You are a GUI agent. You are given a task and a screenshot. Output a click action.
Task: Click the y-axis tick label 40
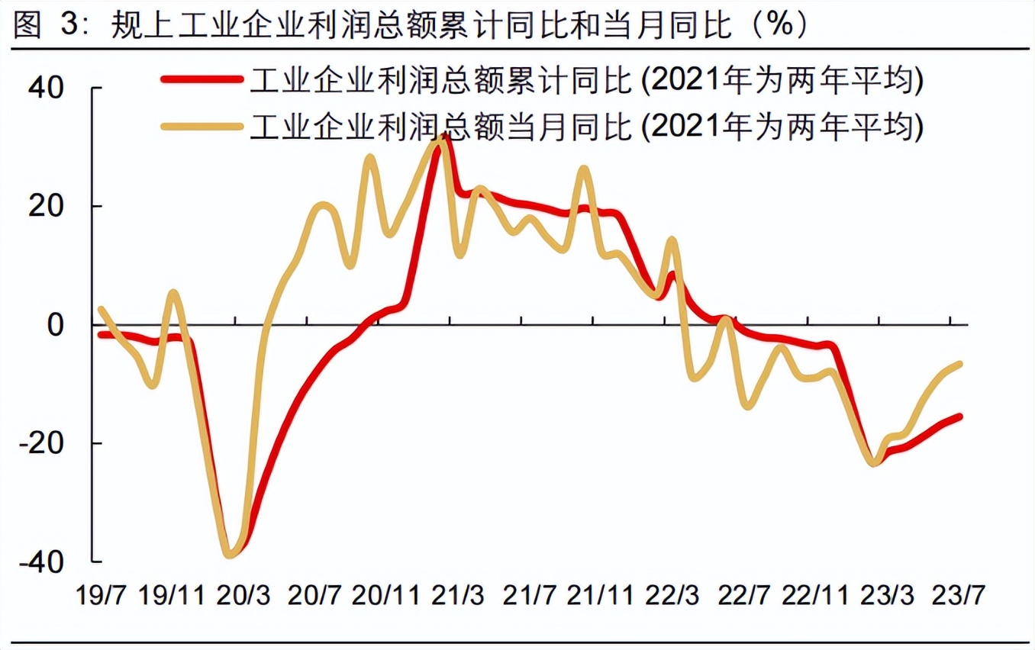[x=47, y=88]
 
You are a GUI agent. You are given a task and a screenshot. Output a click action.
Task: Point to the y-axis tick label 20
[x=47, y=207]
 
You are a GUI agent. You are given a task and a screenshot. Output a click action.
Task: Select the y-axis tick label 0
[x=56, y=325]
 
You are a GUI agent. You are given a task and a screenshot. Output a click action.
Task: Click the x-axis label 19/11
[x=172, y=595]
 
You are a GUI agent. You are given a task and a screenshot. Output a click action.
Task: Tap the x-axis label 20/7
[x=313, y=595]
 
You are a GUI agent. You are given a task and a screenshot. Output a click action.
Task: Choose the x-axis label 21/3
[x=456, y=595]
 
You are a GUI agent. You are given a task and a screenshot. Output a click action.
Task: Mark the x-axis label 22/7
[x=740, y=595]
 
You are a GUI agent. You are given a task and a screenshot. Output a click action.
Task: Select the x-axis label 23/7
[x=954, y=595]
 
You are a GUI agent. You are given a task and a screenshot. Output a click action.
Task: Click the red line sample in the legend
[x=202, y=79]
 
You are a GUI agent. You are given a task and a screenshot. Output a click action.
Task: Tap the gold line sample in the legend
[x=202, y=126]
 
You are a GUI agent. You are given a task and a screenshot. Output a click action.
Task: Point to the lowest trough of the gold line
[x=230, y=555]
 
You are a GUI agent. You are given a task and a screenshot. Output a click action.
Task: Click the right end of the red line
[x=959, y=417]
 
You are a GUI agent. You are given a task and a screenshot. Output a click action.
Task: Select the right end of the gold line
[x=959, y=364]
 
